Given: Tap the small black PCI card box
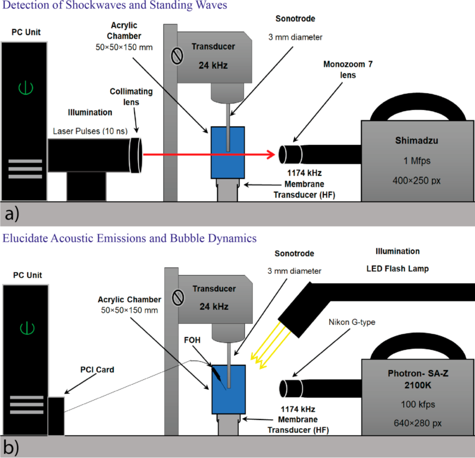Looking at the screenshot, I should click(x=56, y=415).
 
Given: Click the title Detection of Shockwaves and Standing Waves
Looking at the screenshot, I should click(x=114, y=6).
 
